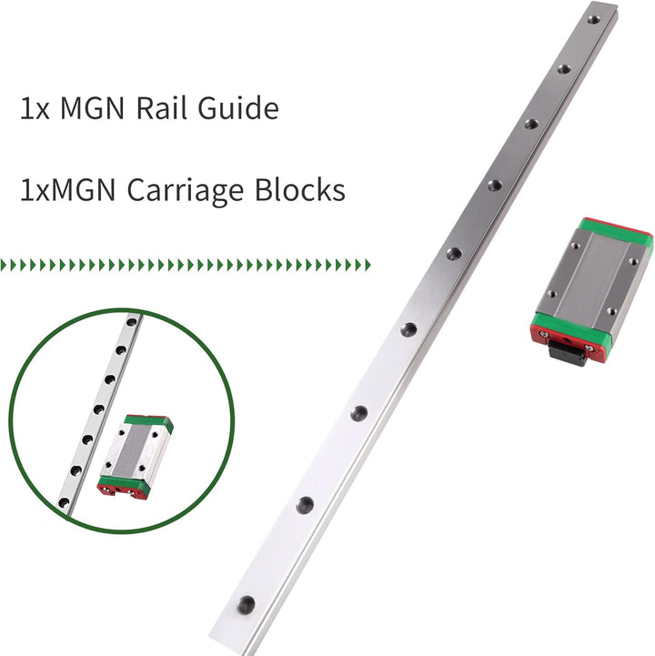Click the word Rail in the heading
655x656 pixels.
pos(161,108)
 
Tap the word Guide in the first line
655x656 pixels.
pos(238,108)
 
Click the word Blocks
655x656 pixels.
pos(300,190)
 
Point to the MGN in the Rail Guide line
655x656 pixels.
pos(93,108)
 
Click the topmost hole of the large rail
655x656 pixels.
pos(593,19)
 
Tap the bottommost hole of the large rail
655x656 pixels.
pos(246,605)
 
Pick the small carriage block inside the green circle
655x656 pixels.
pos(136,457)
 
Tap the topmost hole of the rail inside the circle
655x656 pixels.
pos(132,322)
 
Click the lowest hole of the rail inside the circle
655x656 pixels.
pos(64,502)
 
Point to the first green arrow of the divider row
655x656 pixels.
pos(4,265)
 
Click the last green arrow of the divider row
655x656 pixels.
pos(368,265)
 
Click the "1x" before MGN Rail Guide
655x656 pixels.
pos(35,109)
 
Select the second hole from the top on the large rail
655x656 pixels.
pos(564,69)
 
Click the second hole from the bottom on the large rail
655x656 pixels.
pos(305,505)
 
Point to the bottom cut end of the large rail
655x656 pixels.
pos(229,642)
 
